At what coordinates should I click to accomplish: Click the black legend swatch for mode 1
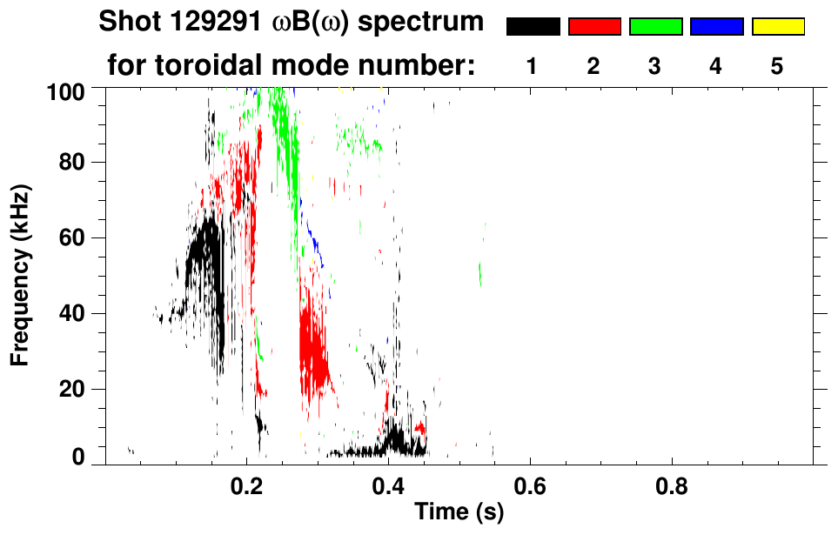[x=533, y=26]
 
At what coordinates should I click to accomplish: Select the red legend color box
[x=594, y=26]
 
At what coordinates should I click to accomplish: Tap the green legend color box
[x=655, y=26]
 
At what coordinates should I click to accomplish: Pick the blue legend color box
[x=716, y=26]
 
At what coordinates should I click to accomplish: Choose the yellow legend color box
[x=778, y=26]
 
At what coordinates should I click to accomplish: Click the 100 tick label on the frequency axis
[x=66, y=90]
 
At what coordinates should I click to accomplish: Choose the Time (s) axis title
[x=458, y=512]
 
